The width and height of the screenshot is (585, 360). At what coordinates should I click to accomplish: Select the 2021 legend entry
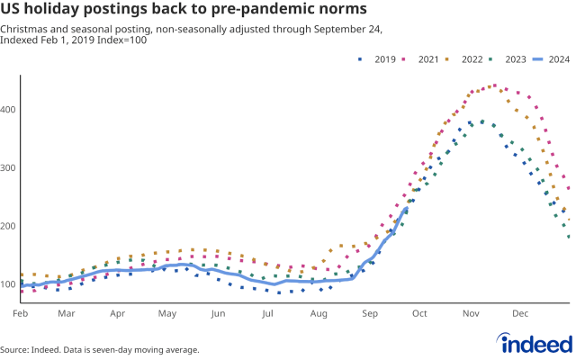424,59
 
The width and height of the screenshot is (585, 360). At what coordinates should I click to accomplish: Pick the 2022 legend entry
470,59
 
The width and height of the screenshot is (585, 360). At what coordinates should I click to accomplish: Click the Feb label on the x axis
20,314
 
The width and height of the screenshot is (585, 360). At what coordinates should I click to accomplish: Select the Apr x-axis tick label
117,314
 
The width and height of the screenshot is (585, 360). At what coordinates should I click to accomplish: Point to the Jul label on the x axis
267,314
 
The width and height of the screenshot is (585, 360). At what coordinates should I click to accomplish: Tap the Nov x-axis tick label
471,314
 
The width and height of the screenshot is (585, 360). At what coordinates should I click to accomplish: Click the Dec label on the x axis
520,314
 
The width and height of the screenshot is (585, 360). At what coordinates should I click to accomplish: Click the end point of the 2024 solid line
407,209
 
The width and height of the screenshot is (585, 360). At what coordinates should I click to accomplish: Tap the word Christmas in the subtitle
25,30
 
